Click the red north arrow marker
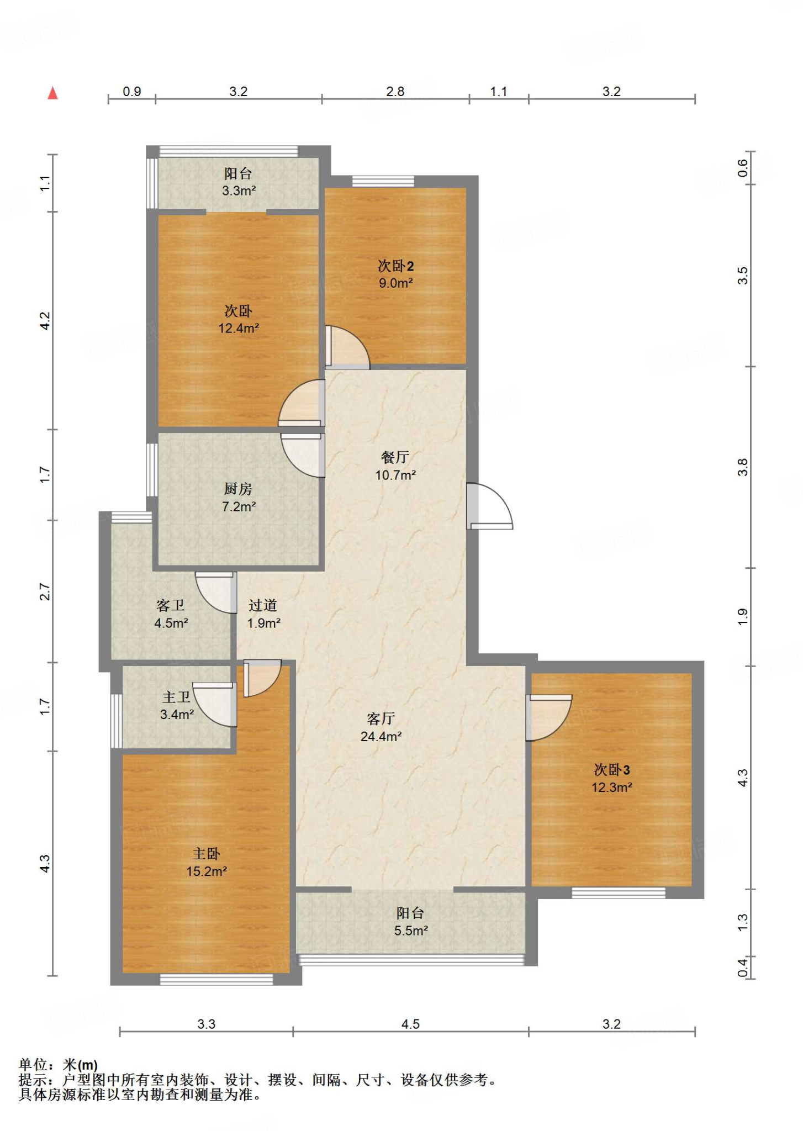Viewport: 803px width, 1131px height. [53, 93]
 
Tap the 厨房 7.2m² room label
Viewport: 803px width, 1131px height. [239, 497]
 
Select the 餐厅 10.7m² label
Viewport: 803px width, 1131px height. [395, 466]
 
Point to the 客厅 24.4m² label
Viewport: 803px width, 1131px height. [381, 727]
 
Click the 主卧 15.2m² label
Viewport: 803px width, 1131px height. [207, 862]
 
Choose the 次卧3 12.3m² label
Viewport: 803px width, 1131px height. [612, 778]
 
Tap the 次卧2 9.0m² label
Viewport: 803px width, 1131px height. [395, 274]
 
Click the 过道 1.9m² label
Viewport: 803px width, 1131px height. [263, 614]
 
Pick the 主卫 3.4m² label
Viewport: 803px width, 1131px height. [177, 705]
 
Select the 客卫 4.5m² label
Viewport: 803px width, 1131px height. [171, 614]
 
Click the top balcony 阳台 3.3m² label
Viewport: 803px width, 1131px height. [239, 182]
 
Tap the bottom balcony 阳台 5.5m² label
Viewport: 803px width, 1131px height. [411, 922]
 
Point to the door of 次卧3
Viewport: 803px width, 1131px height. [549, 717]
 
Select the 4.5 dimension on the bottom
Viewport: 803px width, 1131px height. [410, 1024]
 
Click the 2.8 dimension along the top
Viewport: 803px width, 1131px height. [395, 92]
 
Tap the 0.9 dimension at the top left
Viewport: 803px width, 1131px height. [131, 92]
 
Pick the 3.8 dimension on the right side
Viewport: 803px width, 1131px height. [743, 467]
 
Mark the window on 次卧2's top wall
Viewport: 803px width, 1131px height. [383, 181]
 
